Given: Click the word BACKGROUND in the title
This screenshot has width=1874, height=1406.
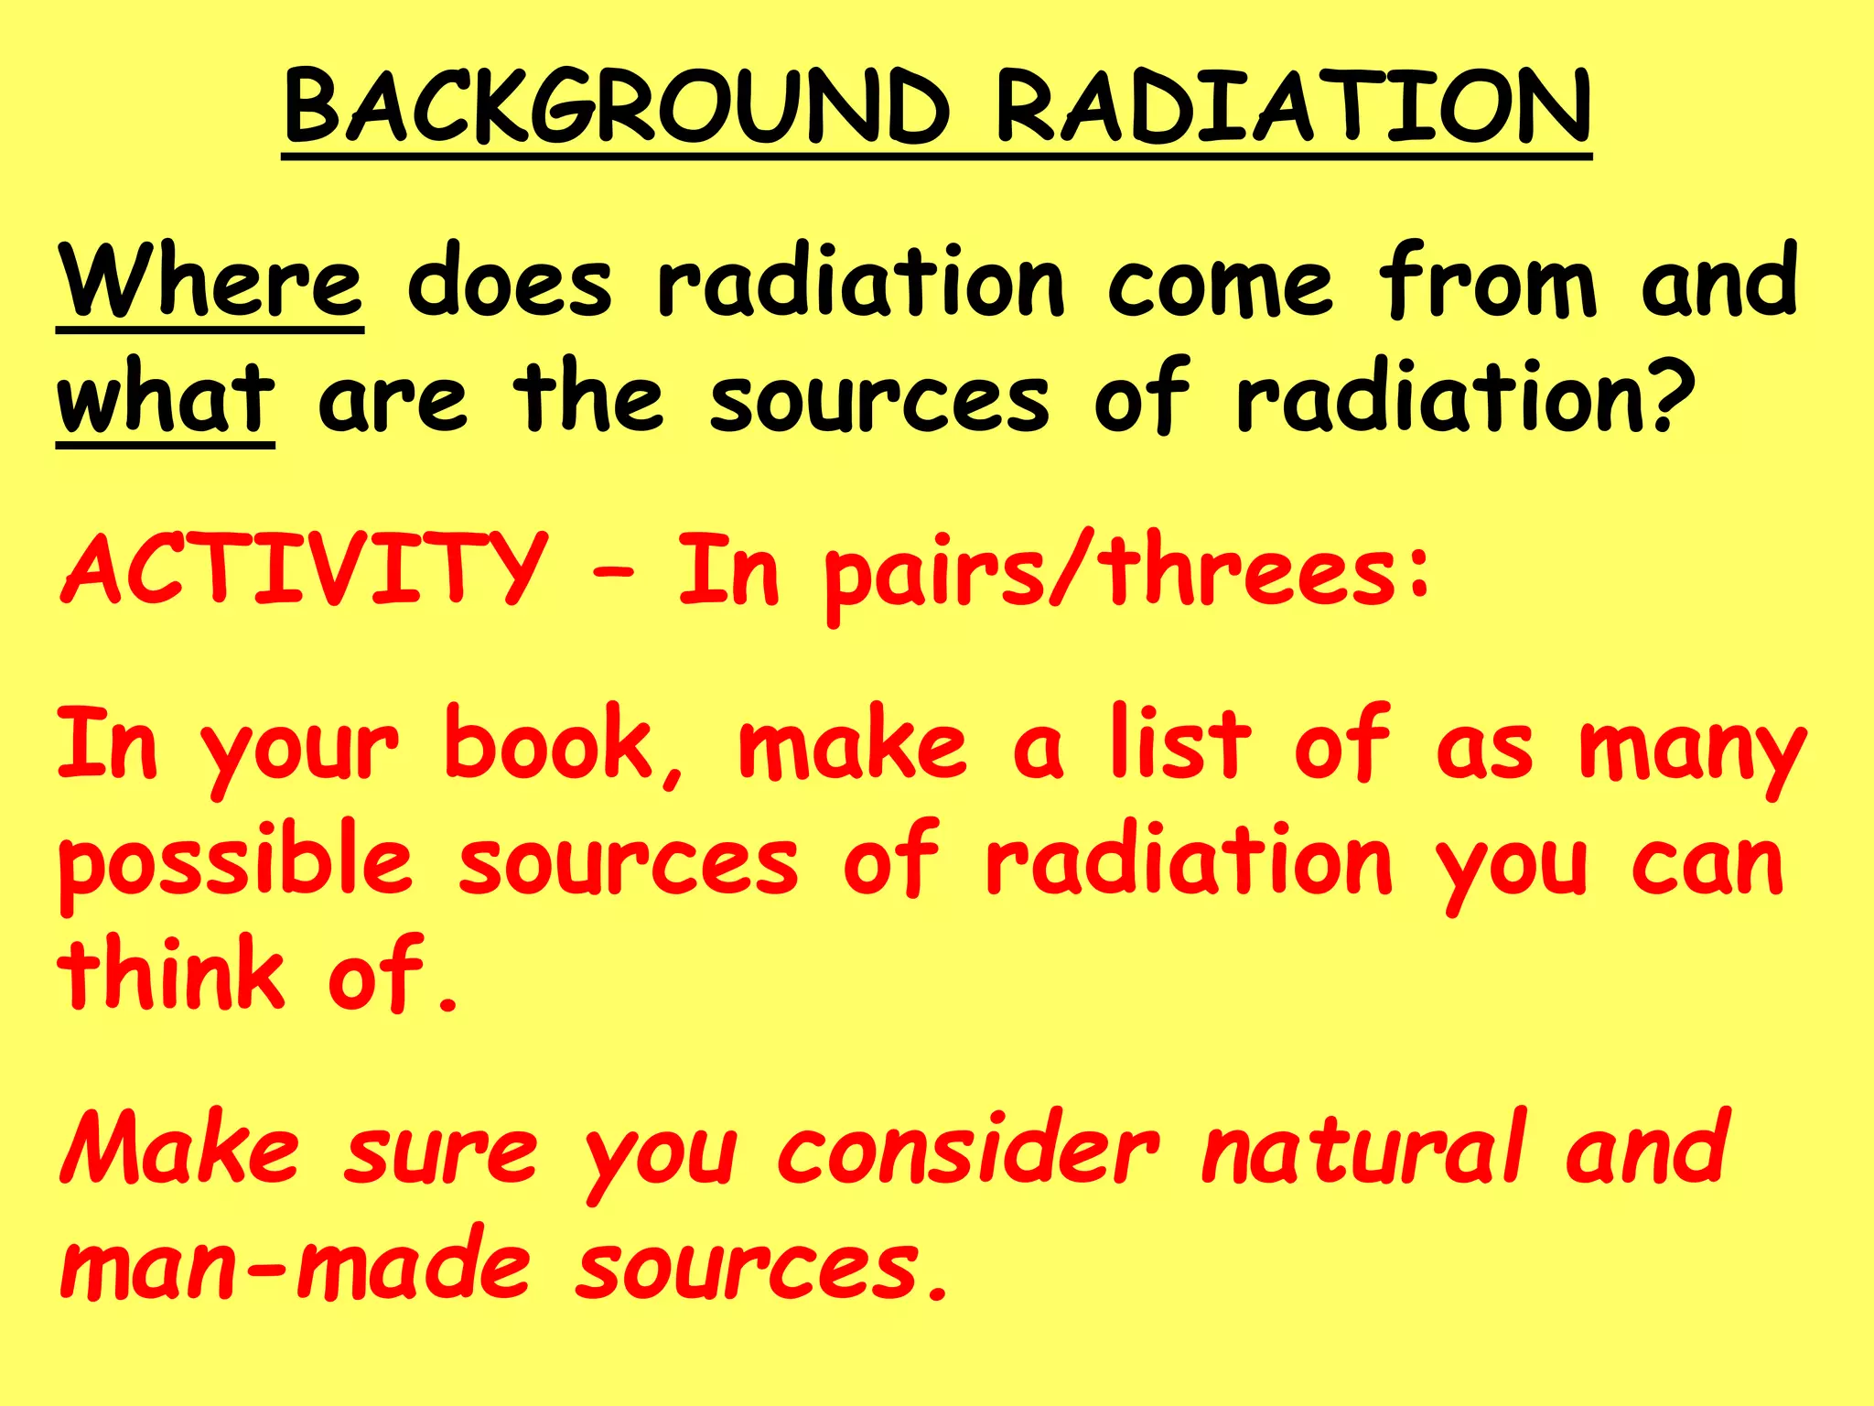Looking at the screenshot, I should click(618, 108).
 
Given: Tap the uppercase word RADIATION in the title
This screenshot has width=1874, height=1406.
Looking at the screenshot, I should click(1293, 108).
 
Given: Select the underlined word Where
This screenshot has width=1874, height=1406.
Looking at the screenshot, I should click(210, 282).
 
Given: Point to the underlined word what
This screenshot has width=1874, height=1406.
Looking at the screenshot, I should click(166, 399).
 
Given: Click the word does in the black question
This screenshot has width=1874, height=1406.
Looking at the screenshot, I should click(509, 282).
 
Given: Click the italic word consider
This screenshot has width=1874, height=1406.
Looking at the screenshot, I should click(968, 1150).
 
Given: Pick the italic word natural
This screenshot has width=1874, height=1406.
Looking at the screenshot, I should click(1363, 1148).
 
